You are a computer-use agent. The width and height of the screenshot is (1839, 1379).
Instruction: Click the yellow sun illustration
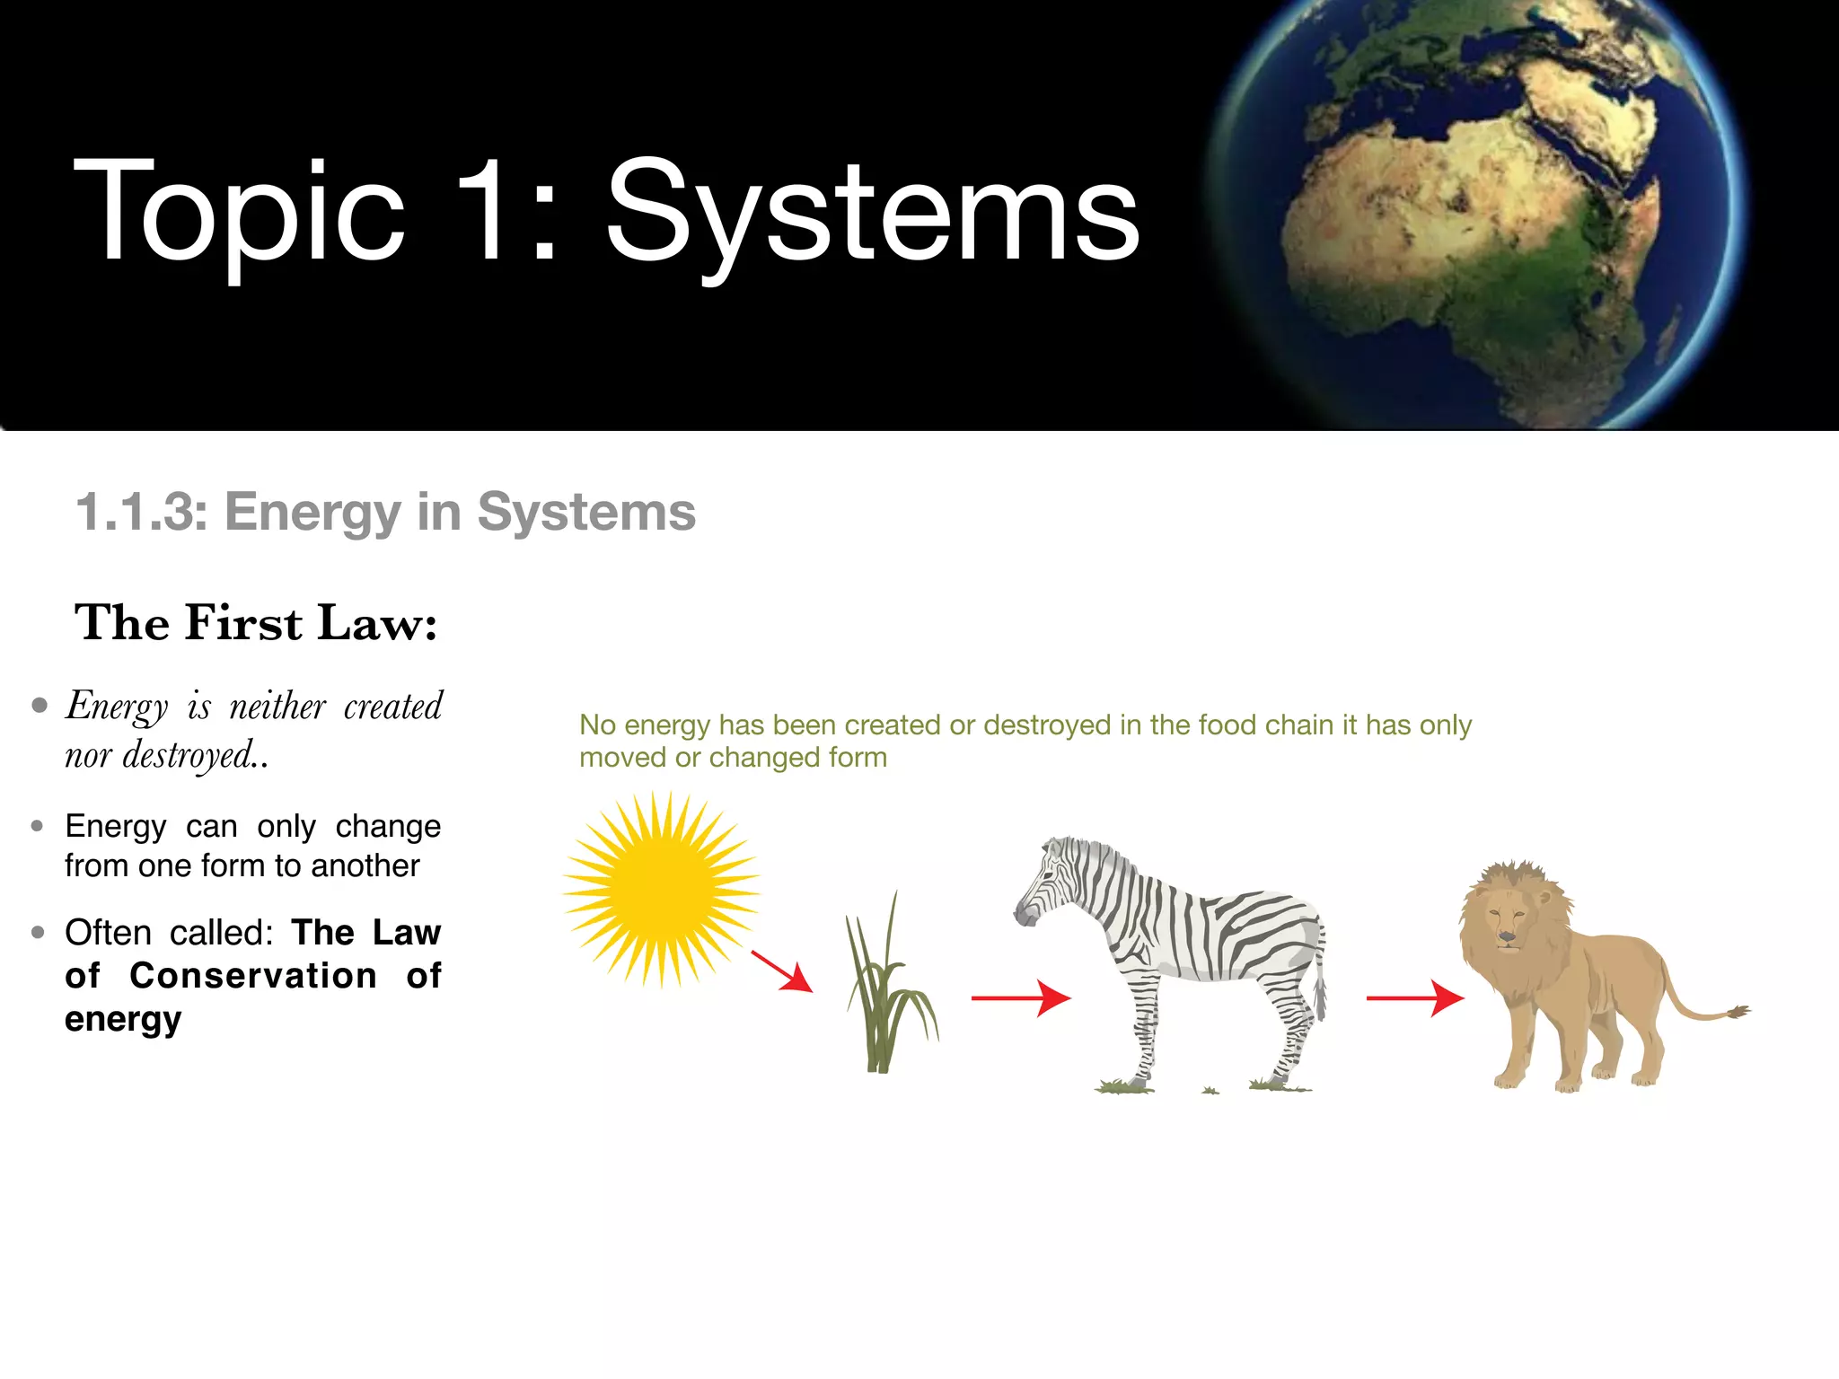(662, 890)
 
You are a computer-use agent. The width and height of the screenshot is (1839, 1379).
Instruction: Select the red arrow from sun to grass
(781, 971)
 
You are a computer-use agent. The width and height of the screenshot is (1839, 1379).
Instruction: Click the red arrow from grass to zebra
(1021, 997)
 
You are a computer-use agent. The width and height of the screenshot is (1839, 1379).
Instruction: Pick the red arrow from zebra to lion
(1415, 997)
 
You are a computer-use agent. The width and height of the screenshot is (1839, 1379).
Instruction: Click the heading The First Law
(256, 623)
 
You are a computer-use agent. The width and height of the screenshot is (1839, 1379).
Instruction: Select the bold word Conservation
(253, 976)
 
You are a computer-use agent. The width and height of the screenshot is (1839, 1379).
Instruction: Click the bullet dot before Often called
(38, 933)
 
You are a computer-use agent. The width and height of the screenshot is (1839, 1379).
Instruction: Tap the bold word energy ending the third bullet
(123, 1019)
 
